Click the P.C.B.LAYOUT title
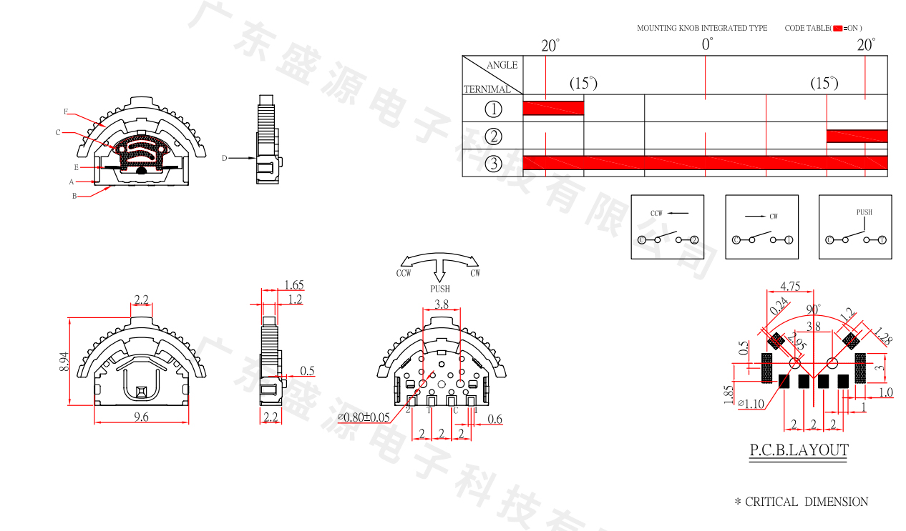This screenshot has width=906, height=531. tap(799, 450)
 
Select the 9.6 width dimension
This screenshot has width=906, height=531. tap(141, 417)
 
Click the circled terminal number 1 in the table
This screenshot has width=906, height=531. tap(493, 109)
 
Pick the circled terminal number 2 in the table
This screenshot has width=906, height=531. tap(493, 137)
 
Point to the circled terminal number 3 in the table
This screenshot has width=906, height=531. tap(493, 164)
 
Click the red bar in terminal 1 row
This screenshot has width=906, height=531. tap(553, 108)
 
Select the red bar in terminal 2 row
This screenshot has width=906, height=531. tap(857, 136)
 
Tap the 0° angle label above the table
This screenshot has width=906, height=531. tap(707, 44)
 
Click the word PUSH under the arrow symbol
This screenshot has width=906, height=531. tap(440, 289)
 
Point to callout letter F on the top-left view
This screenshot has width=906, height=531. tap(65, 111)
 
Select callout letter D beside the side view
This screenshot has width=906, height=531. tap(224, 158)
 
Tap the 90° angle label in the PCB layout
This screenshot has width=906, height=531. tap(814, 309)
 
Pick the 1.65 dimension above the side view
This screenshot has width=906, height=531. tap(293, 284)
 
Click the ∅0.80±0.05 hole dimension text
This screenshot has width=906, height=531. tap(364, 417)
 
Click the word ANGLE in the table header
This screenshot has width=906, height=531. tap(502, 65)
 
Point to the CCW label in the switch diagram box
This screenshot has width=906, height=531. tap(657, 214)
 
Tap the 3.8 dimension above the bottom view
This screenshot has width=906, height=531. tap(442, 304)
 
